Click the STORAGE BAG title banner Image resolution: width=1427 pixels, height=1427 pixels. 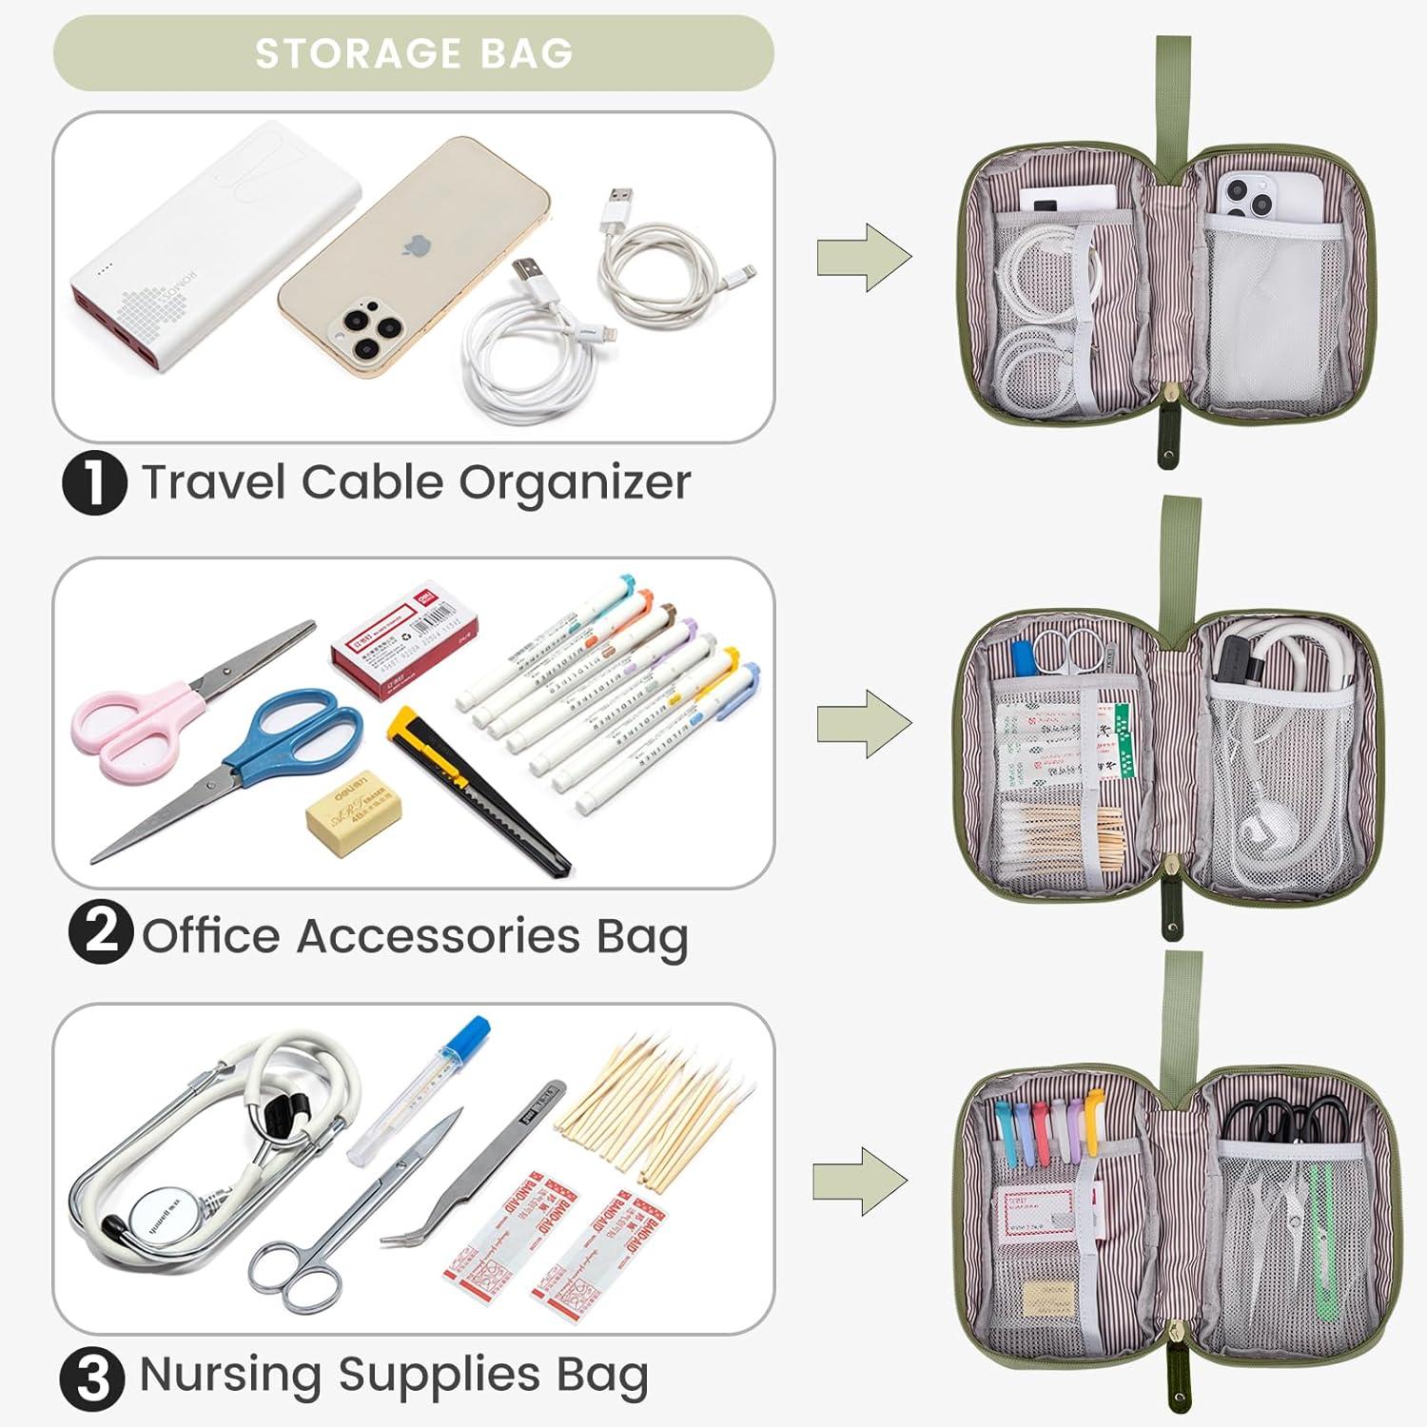click(413, 53)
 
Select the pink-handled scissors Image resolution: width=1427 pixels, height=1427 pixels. click(133, 723)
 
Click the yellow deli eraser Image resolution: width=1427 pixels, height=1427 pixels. click(353, 813)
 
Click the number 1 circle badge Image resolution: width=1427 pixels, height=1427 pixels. click(94, 482)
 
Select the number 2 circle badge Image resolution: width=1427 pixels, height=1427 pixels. click(100, 931)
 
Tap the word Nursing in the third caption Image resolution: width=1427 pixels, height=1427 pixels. click(229, 1375)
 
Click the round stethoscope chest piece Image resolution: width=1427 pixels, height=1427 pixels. click(156, 1213)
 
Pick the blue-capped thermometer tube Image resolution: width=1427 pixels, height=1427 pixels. click(419, 1089)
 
